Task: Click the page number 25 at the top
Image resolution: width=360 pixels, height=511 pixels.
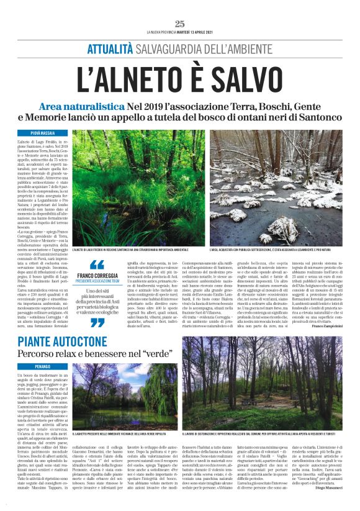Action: tap(180, 24)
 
